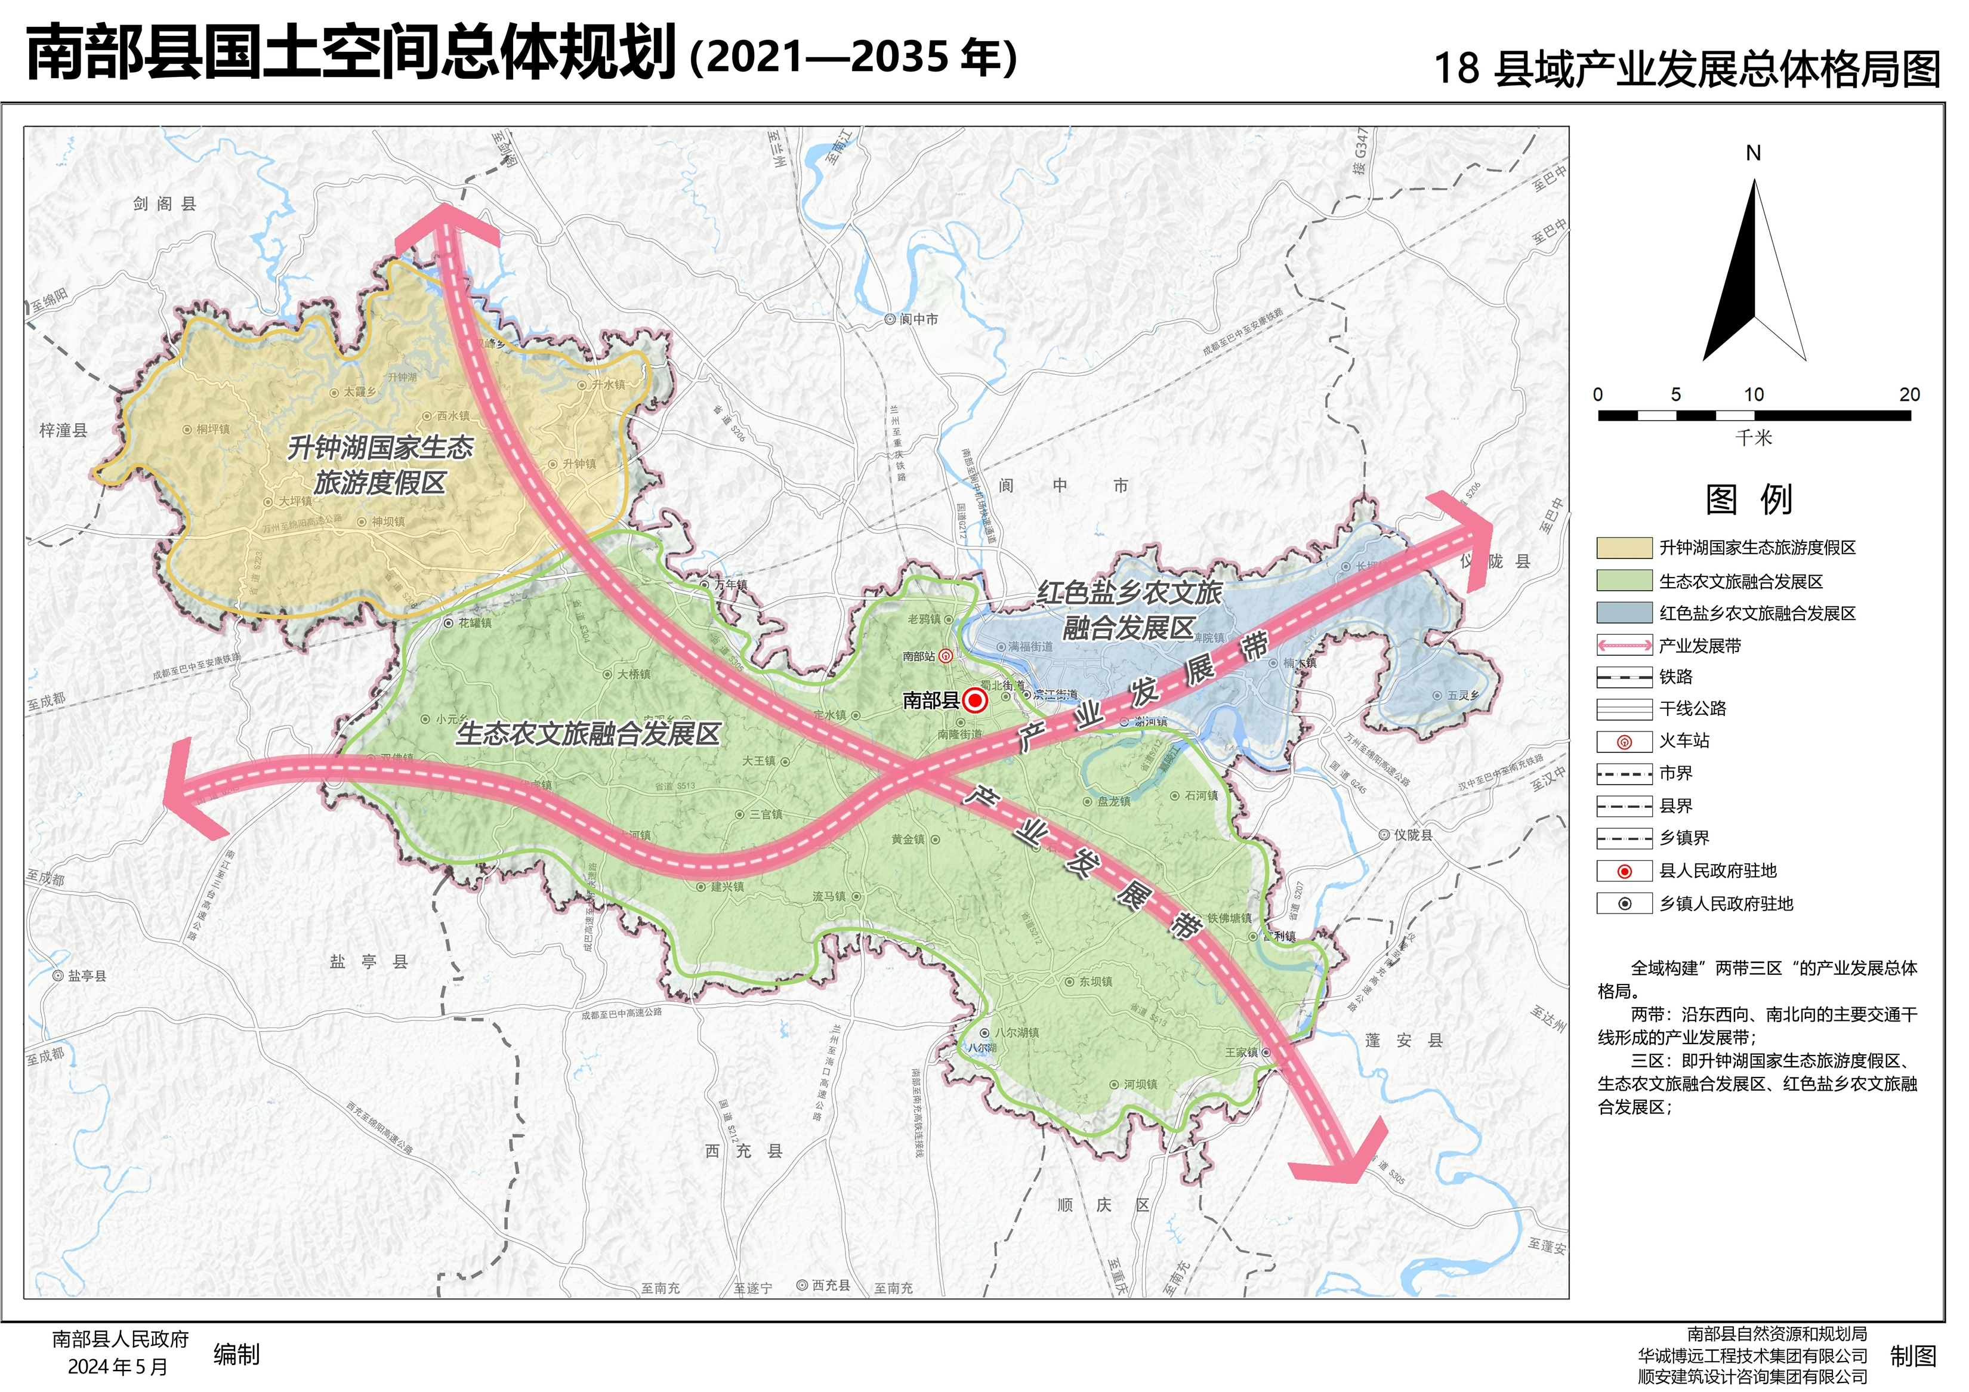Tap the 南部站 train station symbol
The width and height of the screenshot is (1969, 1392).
pos(945,657)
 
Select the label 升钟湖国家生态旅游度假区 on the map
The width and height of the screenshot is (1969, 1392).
pos(380,465)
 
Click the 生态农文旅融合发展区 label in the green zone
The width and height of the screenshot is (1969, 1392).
pos(588,734)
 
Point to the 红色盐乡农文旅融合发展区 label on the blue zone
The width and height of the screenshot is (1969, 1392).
pos(1129,610)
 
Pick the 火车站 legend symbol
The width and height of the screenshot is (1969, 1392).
pos(1624,742)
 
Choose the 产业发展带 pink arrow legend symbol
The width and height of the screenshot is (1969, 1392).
pos(1624,646)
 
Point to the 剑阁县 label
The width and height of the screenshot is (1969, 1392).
pos(165,204)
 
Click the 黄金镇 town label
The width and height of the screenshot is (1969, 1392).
pos(908,839)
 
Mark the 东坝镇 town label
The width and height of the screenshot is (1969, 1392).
pos(1095,982)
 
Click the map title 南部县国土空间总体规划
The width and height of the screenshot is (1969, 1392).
pos(351,53)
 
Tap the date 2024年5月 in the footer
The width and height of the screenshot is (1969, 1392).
pos(118,1367)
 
